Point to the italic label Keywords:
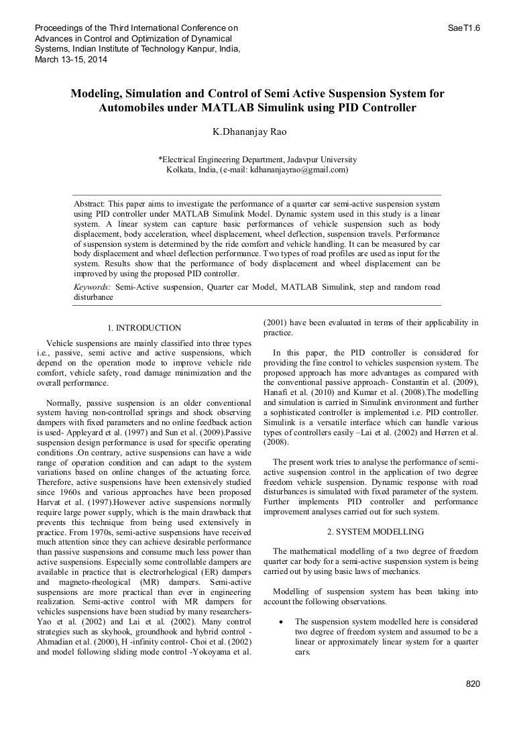(92, 287)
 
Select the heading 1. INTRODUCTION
(144, 328)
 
